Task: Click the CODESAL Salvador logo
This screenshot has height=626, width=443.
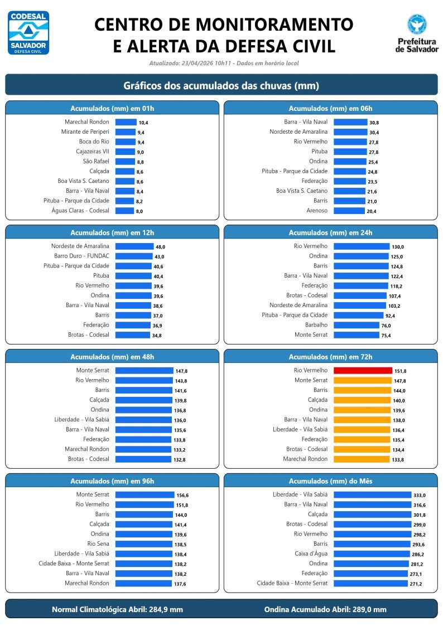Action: click(x=28, y=32)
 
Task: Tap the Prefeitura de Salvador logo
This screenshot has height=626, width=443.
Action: click(x=417, y=33)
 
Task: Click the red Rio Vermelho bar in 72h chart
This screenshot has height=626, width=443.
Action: click(x=363, y=370)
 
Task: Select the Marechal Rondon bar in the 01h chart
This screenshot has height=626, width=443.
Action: click(x=126, y=122)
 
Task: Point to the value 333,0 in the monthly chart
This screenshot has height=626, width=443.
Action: click(x=420, y=495)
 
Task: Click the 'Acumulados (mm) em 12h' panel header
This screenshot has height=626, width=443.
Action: click(x=112, y=232)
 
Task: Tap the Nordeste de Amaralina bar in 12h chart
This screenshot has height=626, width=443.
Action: click(x=134, y=246)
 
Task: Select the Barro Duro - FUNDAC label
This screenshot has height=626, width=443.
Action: click(x=81, y=256)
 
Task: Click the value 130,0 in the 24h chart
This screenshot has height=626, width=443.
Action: click(x=398, y=247)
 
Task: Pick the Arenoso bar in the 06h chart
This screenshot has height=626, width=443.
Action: click(x=349, y=211)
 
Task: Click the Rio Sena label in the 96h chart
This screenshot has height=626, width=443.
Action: click(x=98, y=543)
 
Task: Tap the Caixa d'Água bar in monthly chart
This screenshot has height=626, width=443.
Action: click(x=372, y=554)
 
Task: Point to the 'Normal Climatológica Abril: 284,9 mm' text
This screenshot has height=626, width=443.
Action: click(x=117, y=609)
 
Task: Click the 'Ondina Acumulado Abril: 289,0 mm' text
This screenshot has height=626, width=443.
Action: click(x=325, y=609)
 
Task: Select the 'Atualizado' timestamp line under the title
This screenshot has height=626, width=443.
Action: click(x=224, y=64)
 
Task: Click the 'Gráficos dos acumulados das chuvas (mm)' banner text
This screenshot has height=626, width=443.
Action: click(x=221, y=86)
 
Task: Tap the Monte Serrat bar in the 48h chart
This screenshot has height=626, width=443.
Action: click(x=144, y=370)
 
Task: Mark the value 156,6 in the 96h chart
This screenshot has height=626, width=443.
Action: click(x=182, y=495)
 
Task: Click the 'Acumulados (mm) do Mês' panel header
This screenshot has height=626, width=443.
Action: click(x=330, y=481)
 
